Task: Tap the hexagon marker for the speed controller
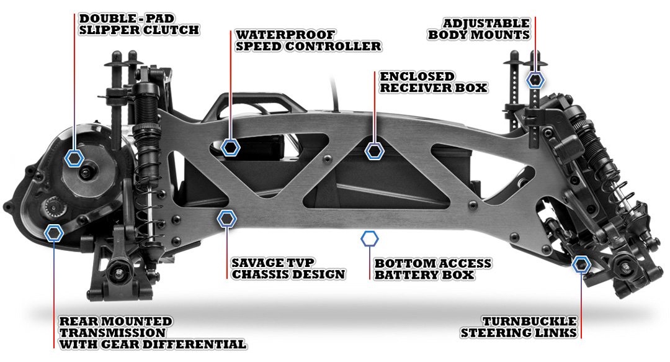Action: coord(231,147)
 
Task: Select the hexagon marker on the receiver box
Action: coord(374,150)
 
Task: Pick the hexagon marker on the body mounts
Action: coord(536,79)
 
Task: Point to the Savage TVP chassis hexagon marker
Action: coord(227,218)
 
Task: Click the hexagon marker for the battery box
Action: coord(370,238)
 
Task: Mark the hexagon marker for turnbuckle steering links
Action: coord(581,264)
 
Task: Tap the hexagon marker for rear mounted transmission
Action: coord(55,233)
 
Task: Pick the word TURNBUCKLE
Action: coord(529,322)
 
